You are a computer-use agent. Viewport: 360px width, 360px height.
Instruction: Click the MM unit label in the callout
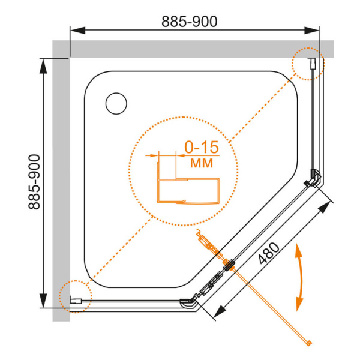pos(200,163)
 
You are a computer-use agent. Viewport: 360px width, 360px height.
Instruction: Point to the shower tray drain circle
pos(116,103)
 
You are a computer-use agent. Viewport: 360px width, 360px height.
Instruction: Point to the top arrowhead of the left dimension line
pos(43,64)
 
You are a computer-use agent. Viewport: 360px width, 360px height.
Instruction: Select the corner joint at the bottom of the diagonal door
pos(190,304)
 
